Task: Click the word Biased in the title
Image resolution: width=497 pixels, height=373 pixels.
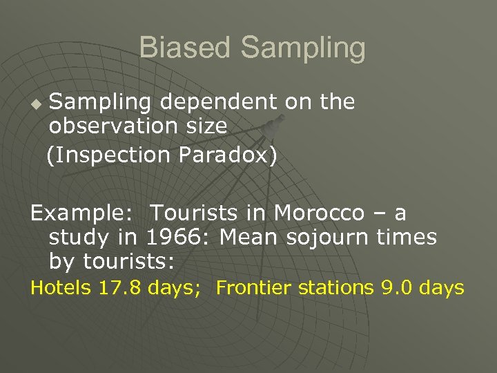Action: [185, 48]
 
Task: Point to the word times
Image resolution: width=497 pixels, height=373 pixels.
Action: [407, 238]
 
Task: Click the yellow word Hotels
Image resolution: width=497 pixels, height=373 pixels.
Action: [60, 287]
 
